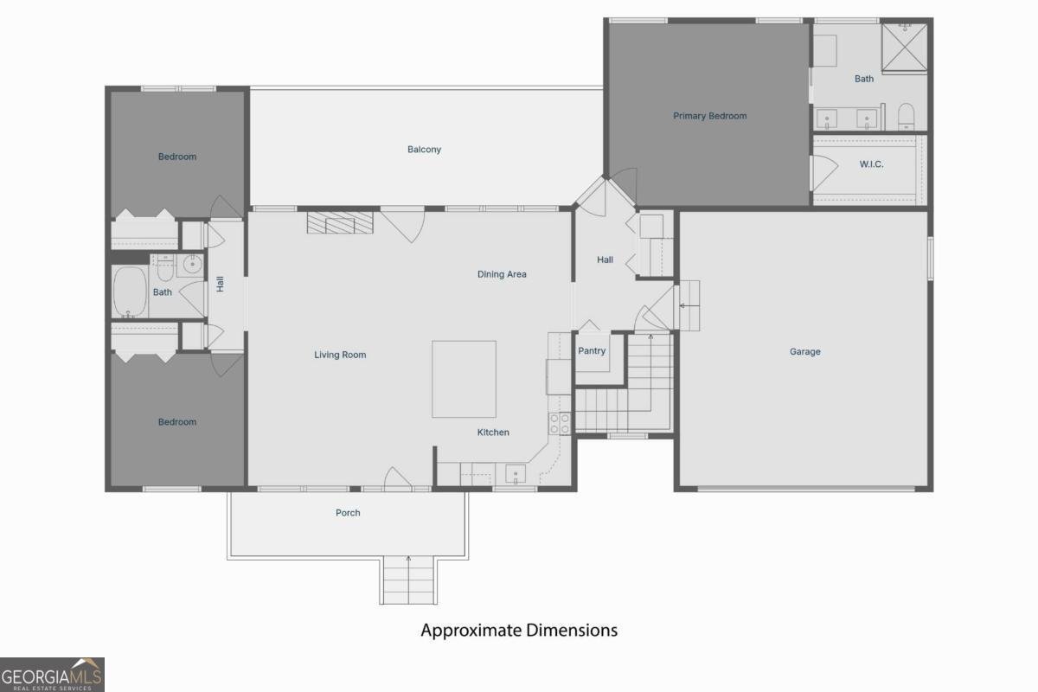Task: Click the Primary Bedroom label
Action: point(709,116)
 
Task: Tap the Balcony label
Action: point(424,150)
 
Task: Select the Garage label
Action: point(805,352)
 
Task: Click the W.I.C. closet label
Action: point(871,164)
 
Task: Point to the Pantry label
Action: point(592,351)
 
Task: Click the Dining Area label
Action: point(502,274)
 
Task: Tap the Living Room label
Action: point(340,355)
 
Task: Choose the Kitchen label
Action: point(493,432)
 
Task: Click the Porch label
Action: point(348,513)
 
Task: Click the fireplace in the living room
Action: point(340,222)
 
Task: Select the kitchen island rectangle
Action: point(464,379)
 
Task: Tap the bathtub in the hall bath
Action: point(130,292)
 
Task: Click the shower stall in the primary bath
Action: point(904,48)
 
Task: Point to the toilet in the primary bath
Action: point(906,117)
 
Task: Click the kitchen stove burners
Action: point(560,424)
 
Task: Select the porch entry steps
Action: point(408,580)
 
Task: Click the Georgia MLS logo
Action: point(52,675)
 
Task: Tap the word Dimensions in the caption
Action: point(572,631)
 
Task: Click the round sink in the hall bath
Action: point(192,265)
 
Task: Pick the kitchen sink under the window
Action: point(516,474)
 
